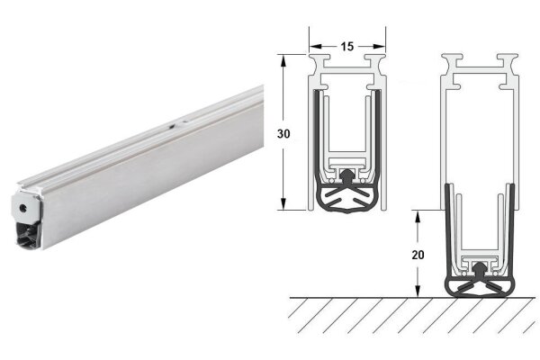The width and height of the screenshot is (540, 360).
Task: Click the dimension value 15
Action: click(347, 43)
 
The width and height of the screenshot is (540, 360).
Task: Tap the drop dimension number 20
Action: click(418, 255)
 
